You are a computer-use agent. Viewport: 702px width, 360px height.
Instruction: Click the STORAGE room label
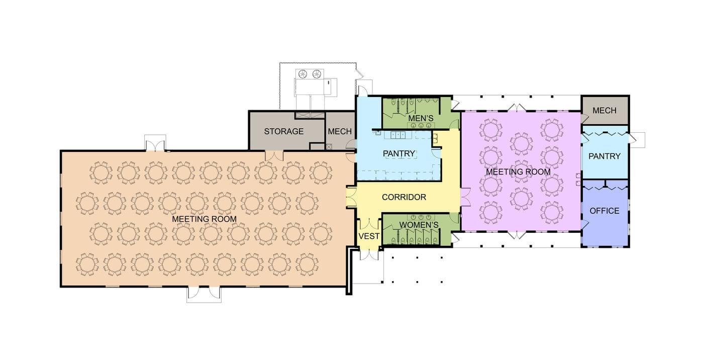[x=284, y=131]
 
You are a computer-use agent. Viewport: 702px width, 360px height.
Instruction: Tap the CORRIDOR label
[x=404, y=197]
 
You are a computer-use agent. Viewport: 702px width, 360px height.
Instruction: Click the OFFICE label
[x=604, y=211]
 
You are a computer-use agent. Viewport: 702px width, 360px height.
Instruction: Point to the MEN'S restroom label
[x=421, y=119]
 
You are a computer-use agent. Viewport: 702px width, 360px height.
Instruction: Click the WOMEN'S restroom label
[x=419, y=224]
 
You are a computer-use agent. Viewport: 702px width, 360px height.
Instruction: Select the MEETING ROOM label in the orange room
[x=204, y=219]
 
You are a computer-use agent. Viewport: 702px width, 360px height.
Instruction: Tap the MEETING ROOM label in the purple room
[x=518, y=172]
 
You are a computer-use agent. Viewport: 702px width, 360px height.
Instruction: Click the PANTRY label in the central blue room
[x=399, y=153]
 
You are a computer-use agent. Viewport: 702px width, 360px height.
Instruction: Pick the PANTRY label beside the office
[x=605, y=156]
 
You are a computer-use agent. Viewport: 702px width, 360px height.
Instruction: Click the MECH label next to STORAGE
[x=340, y=131]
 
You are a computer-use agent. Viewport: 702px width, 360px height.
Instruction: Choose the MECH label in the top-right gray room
[x=604, y=110]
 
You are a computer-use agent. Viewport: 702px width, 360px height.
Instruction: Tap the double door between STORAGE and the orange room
[x=274, y=155]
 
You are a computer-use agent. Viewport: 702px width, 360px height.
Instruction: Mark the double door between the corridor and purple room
[x=465, y=197]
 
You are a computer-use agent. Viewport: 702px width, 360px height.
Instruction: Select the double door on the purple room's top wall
[x=518, y=108]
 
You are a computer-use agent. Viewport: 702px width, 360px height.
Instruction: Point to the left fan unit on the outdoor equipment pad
[x=303, y=74]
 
